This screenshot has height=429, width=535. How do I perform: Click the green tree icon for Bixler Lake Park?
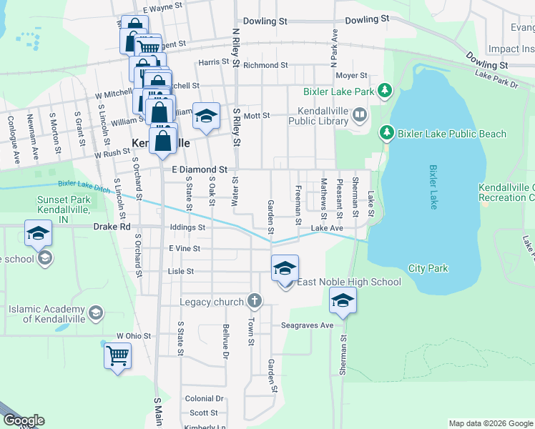[386, 90]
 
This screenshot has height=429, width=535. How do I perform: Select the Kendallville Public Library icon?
[359, 114]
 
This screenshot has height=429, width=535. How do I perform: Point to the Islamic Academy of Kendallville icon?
[95, 312]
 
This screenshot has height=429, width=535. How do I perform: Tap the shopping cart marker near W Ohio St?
[117, 355]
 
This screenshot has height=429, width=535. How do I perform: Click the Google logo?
[24, 420]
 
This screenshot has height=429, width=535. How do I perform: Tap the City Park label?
[428, 269]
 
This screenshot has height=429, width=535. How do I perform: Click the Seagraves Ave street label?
[308, 325]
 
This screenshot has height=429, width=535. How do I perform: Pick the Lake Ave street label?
[327, 228]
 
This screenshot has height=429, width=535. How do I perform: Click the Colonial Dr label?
[204, 399]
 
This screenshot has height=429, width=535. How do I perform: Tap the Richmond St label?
[265, 65]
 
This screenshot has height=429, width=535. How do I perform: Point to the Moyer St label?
[351, 75]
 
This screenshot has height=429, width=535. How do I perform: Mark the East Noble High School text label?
[349, 282]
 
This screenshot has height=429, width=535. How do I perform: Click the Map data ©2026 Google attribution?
[490, 423]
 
